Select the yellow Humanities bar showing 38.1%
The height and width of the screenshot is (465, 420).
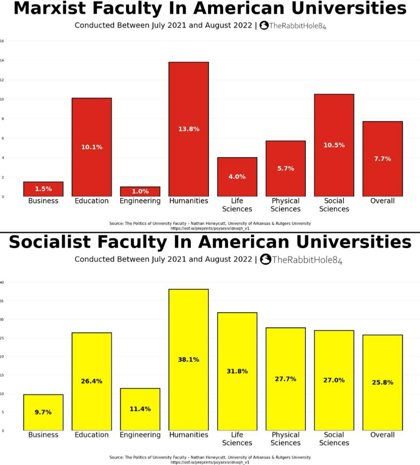tap(188, 359)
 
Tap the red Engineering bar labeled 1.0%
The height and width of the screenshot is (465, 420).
tap(140, 191)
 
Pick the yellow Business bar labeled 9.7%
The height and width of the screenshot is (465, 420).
tap(43, 412)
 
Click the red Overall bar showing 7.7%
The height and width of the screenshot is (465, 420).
tap(382, 158)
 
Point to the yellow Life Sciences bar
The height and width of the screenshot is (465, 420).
tap(237, 371)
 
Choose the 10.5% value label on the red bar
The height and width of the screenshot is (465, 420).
tap(334, 145)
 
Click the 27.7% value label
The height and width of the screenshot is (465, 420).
tap(286, 379)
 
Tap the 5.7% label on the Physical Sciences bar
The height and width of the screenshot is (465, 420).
tap(286, 168)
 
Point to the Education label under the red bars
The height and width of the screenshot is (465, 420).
tap(92, 201)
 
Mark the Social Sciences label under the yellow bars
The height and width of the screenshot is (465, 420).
tap(334, 439)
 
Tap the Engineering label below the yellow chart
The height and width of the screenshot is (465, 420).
tap(140, 435)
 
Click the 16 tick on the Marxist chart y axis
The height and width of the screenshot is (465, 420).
tap(3, 41)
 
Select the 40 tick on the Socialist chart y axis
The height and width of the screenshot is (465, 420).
tap(2, 283)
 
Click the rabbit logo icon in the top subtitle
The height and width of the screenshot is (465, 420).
tap(264, 26)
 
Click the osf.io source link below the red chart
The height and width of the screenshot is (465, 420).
tap(210, 228)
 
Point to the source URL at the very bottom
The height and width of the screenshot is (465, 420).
tap(210, 462)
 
